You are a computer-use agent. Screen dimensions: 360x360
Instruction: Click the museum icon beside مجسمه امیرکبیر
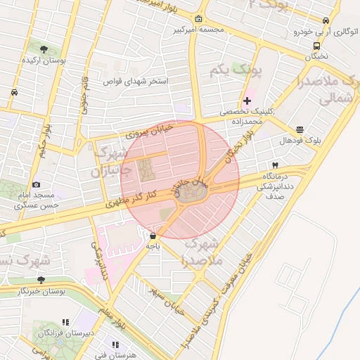[199, 19]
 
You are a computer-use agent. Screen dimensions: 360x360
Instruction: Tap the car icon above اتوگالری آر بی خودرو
[325, 21]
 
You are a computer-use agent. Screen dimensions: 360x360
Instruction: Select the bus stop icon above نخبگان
[316, 46]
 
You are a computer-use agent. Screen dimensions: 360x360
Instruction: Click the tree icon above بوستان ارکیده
[44, 50]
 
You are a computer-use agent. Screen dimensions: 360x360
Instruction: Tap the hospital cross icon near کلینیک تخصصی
[247, 101]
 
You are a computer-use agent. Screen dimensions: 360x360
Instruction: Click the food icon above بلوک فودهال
[300, 129]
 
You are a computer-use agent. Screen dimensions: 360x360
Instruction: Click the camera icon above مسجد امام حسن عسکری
[37, 184]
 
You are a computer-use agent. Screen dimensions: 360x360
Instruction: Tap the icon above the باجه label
[153, 236]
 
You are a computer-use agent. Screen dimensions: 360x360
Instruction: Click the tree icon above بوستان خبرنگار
[40, 279]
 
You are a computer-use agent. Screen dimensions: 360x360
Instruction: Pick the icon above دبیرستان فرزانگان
[65, 321]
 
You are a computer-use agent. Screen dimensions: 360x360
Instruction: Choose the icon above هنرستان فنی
[115, 345]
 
